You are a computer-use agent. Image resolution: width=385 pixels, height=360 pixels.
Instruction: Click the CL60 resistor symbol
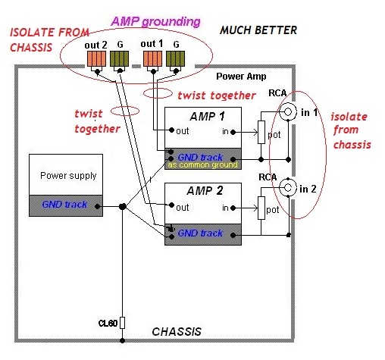point(122,323)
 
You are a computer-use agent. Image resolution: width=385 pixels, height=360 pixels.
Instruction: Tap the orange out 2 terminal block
point(96,59)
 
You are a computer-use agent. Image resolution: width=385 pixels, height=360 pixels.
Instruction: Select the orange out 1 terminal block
point(152,59)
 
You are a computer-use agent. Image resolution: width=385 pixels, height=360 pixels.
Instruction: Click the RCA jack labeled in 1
point(288,111)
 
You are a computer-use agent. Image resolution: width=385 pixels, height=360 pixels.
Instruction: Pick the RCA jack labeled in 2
point(288,188)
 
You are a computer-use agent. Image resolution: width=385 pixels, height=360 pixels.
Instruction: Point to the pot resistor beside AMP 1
point(261,132)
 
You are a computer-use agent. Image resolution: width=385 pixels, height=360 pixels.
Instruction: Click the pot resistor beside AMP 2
point(261,208)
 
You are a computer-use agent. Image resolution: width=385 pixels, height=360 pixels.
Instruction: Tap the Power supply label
point(68,176)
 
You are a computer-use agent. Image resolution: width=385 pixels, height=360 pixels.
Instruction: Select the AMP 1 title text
point(207,117)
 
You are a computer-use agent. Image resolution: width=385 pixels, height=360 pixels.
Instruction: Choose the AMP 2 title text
point(205,191)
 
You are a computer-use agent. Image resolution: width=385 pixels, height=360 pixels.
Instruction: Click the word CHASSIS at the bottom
point(177,332)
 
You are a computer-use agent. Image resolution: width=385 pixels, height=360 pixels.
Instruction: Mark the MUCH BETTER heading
point(258,30)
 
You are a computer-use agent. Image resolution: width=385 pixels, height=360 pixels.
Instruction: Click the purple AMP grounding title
point(156,22)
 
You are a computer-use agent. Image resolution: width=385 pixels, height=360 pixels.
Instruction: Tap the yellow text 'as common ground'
point(203,165)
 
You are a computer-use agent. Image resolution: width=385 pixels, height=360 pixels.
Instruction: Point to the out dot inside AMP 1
point(172,130)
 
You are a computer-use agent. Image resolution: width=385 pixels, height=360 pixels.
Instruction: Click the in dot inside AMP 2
point(233,208)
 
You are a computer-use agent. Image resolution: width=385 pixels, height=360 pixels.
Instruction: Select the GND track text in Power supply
point(64,204)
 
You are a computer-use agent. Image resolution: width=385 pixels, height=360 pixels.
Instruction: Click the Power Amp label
point(241,77)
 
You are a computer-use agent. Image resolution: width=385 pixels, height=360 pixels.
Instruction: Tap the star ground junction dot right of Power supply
point(123,207)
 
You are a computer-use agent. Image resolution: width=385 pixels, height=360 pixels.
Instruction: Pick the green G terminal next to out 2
point(119,59)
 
